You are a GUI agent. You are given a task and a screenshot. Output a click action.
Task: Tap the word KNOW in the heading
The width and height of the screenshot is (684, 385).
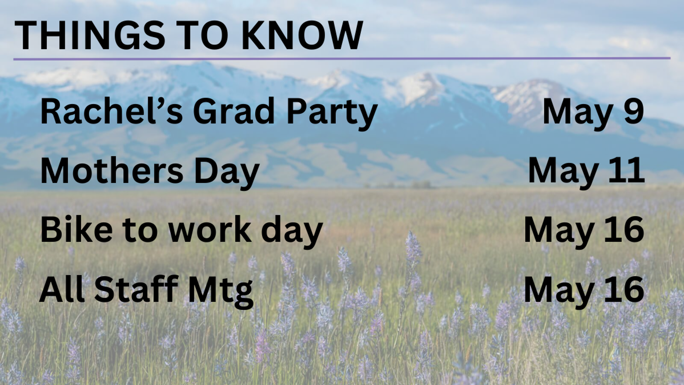302,35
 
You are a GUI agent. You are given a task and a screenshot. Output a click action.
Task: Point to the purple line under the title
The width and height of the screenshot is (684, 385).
342,58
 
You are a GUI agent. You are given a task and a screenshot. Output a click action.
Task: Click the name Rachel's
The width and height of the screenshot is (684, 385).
112,112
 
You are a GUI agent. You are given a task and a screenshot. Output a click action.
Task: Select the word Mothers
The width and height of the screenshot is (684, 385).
112,170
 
